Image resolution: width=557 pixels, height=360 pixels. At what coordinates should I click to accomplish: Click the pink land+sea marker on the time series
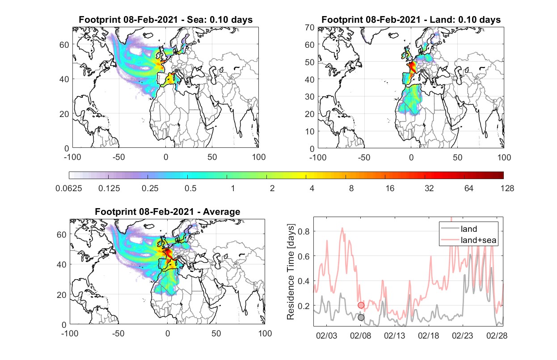(361, 305)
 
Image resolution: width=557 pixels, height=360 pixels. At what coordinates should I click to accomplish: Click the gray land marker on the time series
(361, 317)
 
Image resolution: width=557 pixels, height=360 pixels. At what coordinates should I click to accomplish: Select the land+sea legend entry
(468, 240)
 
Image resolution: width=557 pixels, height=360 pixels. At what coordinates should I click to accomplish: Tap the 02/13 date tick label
(394, 336)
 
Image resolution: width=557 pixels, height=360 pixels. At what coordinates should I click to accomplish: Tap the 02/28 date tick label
(497, 336)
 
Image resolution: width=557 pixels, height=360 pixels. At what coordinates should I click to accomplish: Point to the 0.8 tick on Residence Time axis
(304, 231)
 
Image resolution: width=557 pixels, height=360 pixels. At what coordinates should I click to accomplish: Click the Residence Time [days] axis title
(291, 272)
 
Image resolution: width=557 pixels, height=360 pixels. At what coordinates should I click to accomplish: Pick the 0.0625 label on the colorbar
(69, 188)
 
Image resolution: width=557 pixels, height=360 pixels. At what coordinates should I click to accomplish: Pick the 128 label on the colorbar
(507, 188)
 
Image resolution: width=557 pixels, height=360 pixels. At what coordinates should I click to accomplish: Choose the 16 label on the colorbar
(390, 188)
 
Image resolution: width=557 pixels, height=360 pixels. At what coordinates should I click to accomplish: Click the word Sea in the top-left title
(195, 20)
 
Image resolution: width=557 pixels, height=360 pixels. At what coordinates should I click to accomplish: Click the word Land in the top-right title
(440, 20)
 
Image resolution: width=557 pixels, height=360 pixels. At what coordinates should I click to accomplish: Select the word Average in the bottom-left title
(222, 212)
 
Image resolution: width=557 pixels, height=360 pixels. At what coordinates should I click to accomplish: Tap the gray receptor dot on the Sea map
(176, 71)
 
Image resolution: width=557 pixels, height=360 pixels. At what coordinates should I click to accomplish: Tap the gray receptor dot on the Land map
(422, 71)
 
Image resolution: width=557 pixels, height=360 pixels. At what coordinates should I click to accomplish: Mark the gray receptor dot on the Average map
(178, 257)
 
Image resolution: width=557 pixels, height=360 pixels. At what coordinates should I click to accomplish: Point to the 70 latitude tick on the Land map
(310, 27)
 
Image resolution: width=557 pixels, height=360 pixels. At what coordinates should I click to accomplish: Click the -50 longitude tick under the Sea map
(118, 157)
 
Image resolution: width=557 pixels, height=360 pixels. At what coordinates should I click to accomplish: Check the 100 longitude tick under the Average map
(265, 333)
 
